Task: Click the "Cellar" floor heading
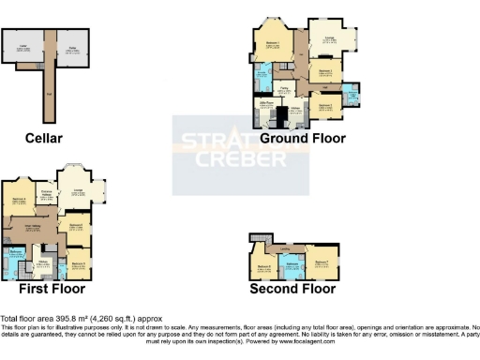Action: coord(44,138)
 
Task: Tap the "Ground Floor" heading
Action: coord(303,138)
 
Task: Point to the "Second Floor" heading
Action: coord(292,289)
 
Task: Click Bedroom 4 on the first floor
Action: coord(20,202)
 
